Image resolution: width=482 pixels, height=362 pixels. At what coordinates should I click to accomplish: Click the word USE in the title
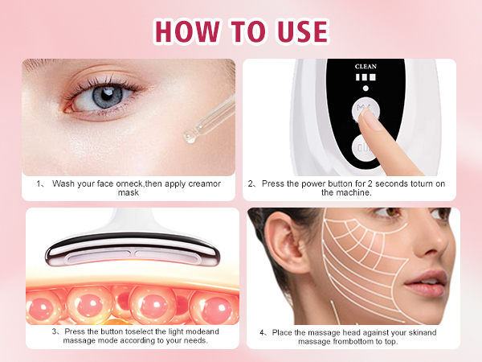tap(298, 31)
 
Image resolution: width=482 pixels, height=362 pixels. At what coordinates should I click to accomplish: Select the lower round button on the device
tap(367, 150)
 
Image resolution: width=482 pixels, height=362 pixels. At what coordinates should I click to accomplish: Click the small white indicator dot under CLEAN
tap(366, 88)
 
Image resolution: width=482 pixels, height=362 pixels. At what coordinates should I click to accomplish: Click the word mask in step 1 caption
tap(128, 193)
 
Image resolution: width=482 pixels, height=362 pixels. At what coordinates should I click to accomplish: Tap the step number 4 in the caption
tap(262, 331)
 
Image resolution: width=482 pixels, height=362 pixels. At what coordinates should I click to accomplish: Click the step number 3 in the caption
tap(55, 331)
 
